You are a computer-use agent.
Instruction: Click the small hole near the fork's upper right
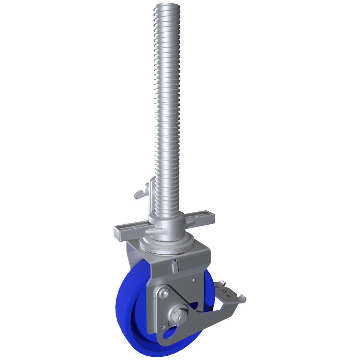(x=194, y=279)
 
